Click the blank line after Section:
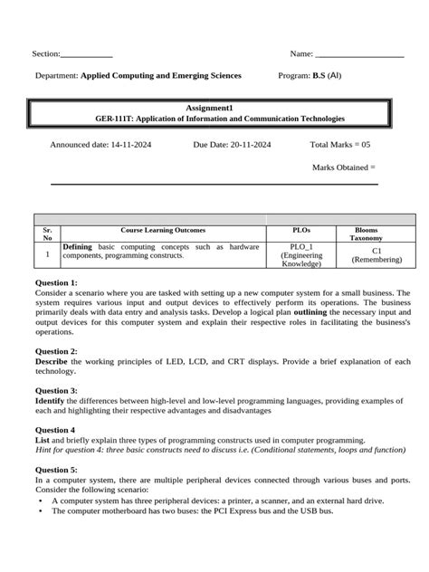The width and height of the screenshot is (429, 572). (87, 55)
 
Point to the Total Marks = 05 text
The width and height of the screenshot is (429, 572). (340, 144)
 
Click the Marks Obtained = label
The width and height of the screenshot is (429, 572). (343, 167)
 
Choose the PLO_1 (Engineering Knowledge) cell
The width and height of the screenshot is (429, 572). (302, 255)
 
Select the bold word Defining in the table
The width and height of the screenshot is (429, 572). (78, 246)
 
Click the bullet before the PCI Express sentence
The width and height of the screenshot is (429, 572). (41, 510)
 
